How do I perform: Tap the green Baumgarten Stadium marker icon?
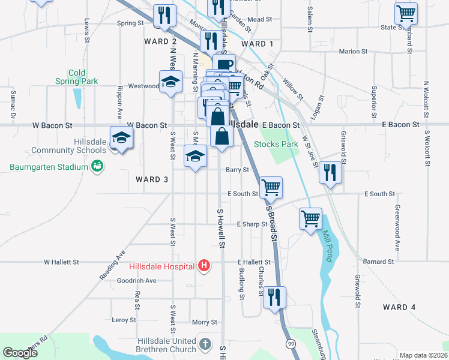(96, 166)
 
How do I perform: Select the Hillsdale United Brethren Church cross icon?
(205, 344)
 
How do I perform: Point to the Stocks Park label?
(276, 144)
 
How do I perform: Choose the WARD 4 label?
(399, 307)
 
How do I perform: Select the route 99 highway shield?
(291, 343)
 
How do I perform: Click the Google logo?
(20, 353)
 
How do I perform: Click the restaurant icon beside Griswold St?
(330, 172)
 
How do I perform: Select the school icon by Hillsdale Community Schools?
(121, 138)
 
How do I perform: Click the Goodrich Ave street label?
(136, 280)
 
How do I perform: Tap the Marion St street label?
(352, 52)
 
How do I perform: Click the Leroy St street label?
(124, 320)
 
